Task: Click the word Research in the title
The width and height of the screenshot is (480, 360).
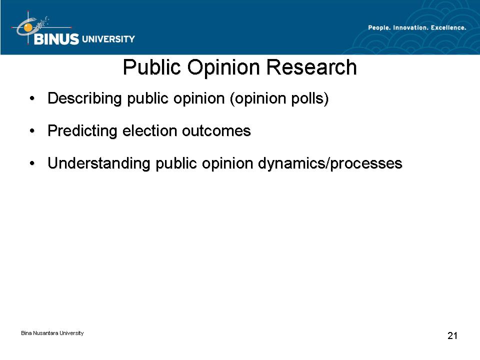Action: (311, 67)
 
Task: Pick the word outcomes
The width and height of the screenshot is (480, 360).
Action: (216, 131)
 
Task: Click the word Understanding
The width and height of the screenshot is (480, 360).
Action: (99, 163)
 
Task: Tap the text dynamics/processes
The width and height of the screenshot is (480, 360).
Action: (330, 163)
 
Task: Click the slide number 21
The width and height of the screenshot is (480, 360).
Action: (452, 335)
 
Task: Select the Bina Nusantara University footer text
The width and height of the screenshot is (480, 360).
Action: (52, 333)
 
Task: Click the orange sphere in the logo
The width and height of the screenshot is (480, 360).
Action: (28, 27)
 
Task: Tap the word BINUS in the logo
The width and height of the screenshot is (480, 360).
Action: (56, 39)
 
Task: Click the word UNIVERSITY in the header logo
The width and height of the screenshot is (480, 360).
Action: (108, 39)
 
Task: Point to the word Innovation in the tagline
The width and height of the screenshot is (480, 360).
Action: (410, 28)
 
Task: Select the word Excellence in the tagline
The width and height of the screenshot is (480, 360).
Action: (448, 28)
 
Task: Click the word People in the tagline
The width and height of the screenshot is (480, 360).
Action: (379, 28)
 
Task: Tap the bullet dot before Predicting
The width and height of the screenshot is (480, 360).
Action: (32, 131)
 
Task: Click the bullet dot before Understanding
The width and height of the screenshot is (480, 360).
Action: (32, 163)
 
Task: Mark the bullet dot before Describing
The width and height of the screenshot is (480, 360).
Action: (32, 98)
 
